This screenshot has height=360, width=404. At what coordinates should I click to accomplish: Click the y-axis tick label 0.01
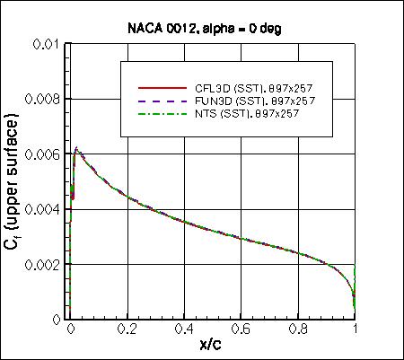pos(48,44)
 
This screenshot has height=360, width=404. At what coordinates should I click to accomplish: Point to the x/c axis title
pos(214,346)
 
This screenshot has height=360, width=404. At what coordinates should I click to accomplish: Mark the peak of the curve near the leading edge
pos(76,147)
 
